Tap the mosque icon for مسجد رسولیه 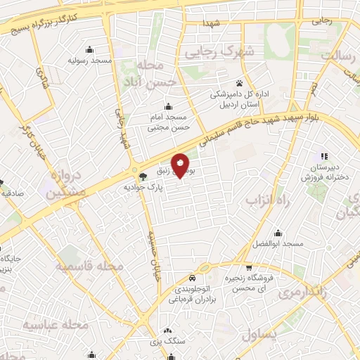tap(90, 50)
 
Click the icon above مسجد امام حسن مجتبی tap(167, 107)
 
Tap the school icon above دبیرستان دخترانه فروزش tap(323, 156)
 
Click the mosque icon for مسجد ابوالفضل tap(278, 233)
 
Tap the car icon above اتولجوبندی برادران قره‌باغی tap(192, 277)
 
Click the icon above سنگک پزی tap(167, 330)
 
